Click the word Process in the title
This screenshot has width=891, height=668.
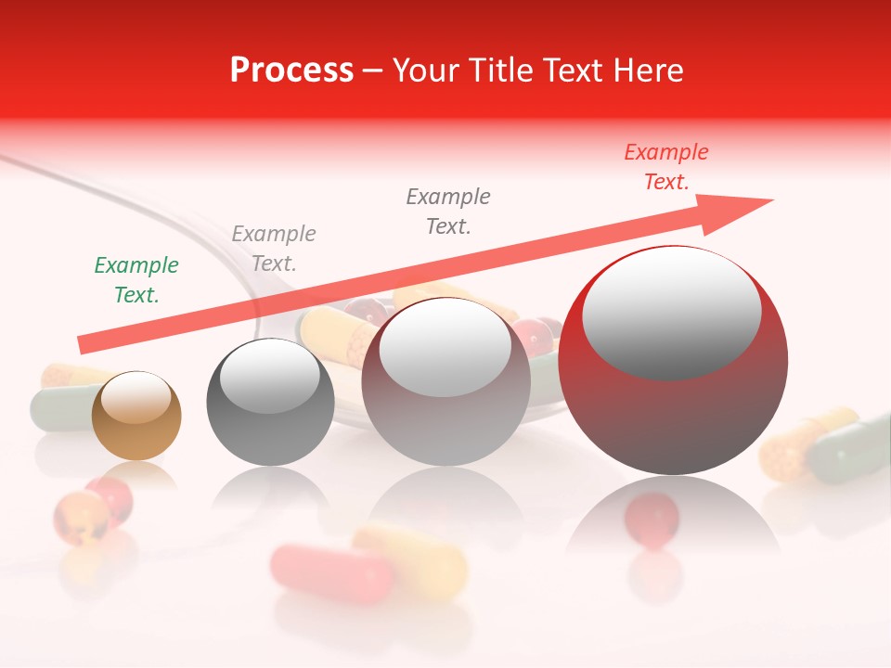[291, 71]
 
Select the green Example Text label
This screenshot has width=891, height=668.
[136, 280]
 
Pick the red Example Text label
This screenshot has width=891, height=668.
[666, 167]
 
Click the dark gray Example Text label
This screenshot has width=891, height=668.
[448, 212]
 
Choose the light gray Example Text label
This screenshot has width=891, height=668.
[274, 249]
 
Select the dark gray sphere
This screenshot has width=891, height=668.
[270, 403]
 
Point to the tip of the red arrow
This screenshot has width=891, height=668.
[771, 199]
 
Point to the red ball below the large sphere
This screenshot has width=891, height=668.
[652, 515]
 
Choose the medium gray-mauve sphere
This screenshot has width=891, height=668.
[446, 381]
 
